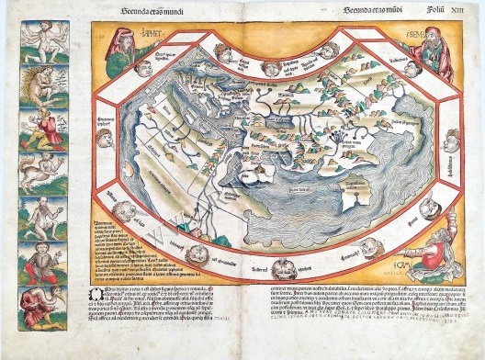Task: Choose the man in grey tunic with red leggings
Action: click(x=40, y=218)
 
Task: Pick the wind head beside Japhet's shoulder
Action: click(x=143, y=67)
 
